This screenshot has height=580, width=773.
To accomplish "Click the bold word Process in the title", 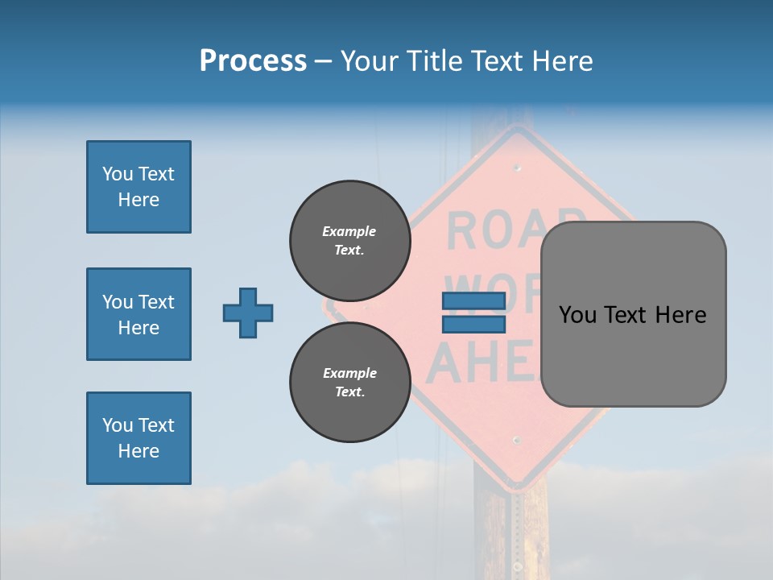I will (253, 61).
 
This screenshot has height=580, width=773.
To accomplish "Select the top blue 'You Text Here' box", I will (138, 187).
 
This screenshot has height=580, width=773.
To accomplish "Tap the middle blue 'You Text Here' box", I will (138, 314).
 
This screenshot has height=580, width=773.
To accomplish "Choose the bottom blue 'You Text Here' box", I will (138, 438).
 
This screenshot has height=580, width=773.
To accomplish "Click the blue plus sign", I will (248, 313).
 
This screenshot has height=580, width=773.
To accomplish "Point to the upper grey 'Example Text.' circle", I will (349, 241).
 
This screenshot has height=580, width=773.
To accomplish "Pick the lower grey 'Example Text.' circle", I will (349, 383).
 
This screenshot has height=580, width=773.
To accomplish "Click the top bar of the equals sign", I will (473, 301).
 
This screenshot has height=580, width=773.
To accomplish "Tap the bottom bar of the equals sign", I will (473, 325).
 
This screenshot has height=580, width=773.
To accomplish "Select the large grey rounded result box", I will (633, 314).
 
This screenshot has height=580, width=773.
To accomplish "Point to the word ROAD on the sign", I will (515, 230).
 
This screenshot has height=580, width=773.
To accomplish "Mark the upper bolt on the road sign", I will (517, 168).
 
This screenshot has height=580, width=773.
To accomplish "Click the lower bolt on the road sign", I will (517, 441).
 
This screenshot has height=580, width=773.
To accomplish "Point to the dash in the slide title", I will (324, 62).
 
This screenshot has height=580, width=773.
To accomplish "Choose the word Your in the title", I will (370, 61).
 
